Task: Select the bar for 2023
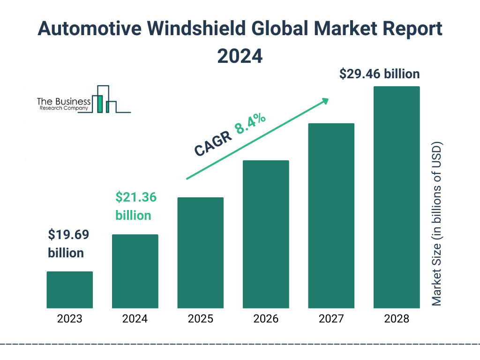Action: pos(69,290)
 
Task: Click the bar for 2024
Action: pos(135,271)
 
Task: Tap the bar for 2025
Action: pos(200,253)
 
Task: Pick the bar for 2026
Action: pos(266,234)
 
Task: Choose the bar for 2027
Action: pos(331,216)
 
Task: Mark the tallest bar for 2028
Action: pos(397,197)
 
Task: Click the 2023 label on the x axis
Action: pos(69,319)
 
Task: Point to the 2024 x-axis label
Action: pos(135,319)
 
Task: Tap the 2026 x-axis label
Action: pos(266,319)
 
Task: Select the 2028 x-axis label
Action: pos(397,319)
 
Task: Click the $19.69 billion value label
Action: pos(66,244)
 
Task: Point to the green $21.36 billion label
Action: pos(135,206)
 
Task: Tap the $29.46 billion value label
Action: pos(379,74)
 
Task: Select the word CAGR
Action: pos(212,143)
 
